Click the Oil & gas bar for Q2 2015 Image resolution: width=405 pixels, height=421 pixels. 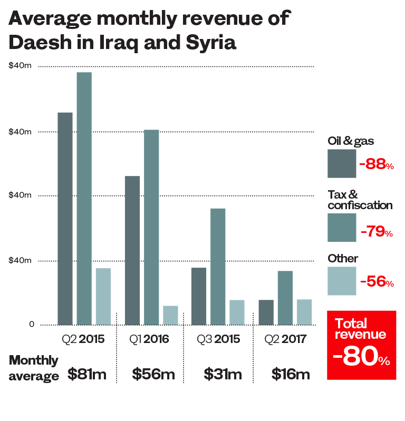65,219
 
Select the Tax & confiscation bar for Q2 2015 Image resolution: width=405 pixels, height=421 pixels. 84,199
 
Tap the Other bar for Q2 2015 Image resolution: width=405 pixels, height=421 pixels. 103,297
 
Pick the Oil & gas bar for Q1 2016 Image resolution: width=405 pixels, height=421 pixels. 132,250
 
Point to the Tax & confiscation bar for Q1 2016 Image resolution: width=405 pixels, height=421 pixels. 151,227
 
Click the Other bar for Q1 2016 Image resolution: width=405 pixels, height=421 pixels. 170,315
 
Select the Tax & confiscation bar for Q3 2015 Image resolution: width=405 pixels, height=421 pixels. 218,267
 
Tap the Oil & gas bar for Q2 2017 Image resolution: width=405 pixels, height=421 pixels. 266,312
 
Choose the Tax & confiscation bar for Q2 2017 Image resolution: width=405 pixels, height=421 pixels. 285,298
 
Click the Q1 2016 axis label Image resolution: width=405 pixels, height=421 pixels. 150,339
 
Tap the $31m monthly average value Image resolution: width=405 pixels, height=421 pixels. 223,374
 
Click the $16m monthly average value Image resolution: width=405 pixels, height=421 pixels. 291,374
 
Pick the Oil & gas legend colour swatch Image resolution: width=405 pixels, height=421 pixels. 341,164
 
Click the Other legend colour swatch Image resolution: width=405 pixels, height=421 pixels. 341,281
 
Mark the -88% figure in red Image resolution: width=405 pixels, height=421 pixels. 376,164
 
